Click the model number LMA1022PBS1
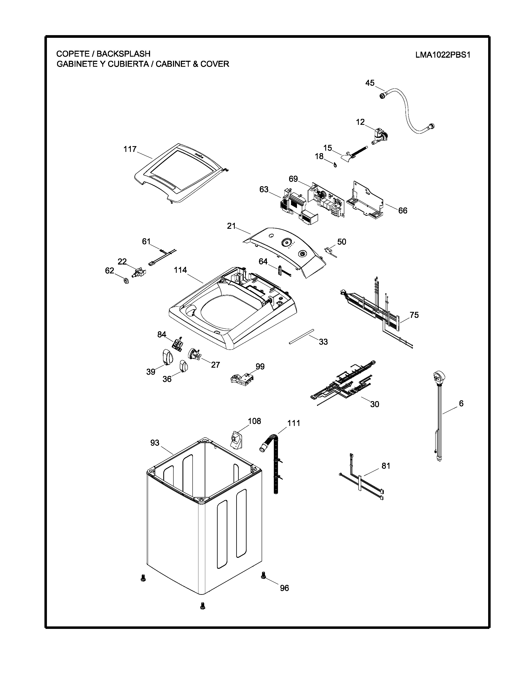[442, 55]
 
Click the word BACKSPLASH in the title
[123, 54]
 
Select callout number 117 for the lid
[130, 149]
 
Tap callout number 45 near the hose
[370, 83]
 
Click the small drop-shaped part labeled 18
[335, 165]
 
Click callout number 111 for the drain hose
[293, 423]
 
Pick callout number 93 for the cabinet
[155, 443]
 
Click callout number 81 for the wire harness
[386, 466]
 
